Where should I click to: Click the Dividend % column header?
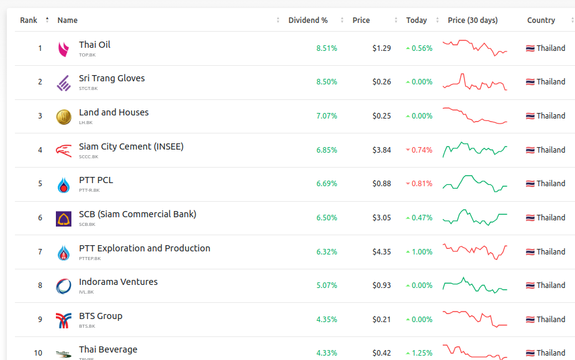coord(308,20)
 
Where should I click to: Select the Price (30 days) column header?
coord(473,20)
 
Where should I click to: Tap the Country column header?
coord(541,20)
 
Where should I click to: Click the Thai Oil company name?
coord(94,45)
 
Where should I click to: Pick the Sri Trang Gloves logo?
coord(63,83)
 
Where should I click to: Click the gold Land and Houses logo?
coord(63,117)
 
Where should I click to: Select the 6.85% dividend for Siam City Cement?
coord(327,150)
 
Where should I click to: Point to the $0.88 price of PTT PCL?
coord(381,184)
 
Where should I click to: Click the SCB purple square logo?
coord(63,218)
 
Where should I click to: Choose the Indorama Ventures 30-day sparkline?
coord(475,286)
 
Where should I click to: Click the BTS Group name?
coord(101,316)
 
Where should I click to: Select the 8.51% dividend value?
coord(327,48)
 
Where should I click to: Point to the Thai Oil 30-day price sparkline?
coord(475,48)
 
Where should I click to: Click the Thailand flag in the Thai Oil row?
coord(530,48)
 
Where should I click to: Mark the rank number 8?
coord(40,286)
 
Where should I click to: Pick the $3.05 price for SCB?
coord(381,218)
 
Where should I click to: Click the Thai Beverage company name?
coord(108,349)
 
